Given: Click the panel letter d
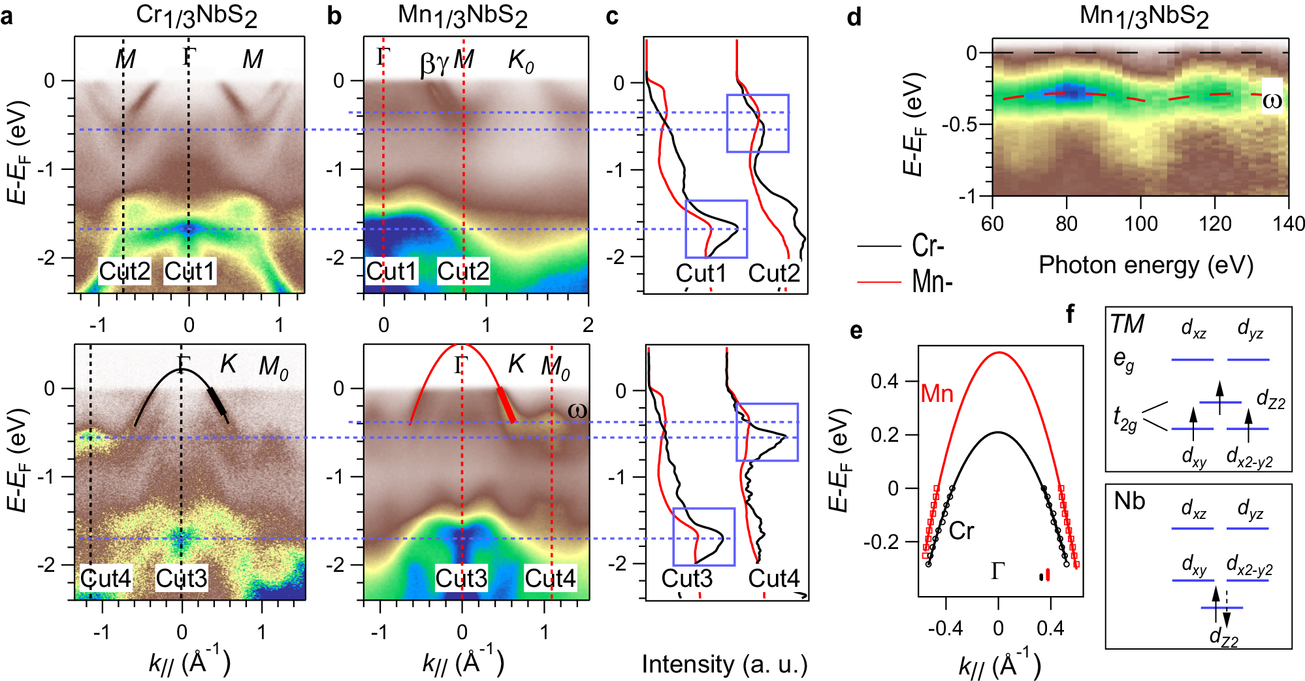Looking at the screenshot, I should coord(854,17).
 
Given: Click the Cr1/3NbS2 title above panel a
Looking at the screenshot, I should coord(196,16).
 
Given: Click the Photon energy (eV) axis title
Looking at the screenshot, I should coord(1146,265).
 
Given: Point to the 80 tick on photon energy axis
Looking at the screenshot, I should coord(1066,224).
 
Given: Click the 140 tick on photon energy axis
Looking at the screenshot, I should coord(1289,224).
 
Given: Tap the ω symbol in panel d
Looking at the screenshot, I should coord(1272,101).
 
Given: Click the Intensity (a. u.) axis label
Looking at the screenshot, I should coord(724,664).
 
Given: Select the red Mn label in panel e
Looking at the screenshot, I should coord(937,393).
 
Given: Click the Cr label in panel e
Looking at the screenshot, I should coord(961,531).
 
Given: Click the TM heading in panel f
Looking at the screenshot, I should coord(1127,324).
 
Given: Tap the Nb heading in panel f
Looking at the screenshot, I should coord(1129,501).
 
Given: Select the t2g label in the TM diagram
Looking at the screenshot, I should coord(1125,419).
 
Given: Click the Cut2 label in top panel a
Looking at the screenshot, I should coord(124,271).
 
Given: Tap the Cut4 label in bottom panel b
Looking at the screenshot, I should coord(550,578).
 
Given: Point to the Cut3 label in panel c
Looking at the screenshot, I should coord(687,578).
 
